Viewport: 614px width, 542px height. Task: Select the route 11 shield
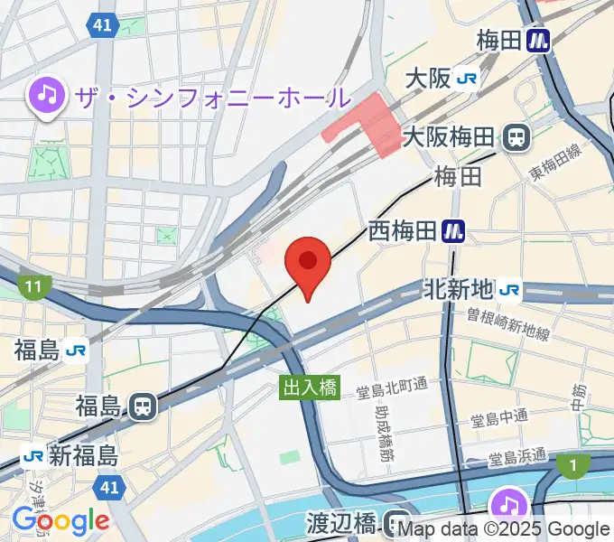[x=34, y=288]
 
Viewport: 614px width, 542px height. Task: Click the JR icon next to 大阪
[x=468, y=79]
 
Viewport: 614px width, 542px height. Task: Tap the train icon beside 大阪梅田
[x=517, y=137]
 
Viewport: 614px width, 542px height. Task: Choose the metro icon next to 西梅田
[x=453, y=232]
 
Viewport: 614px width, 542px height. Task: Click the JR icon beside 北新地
[x=509, y=289]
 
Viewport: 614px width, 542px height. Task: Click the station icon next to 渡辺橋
[x=395, y=522]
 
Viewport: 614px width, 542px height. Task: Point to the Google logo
[x=60, y=520]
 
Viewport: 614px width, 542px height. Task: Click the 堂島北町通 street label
[x=391, y=390]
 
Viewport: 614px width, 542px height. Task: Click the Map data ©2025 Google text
[x=504, y=529]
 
